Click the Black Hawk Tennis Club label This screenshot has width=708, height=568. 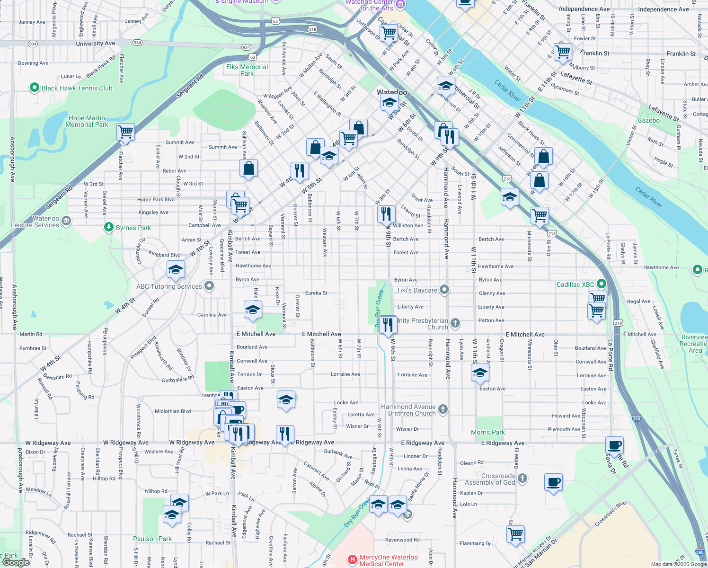click(77, 88)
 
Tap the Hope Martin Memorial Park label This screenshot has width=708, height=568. click(87, 122)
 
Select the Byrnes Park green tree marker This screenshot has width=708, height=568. click(109, 228)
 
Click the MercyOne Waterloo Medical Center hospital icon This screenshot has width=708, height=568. click(353, 560)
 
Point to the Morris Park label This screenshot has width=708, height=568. click(487, 432)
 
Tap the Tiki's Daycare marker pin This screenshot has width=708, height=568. click(444, 289)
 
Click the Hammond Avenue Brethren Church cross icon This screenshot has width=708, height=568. click(442, 409)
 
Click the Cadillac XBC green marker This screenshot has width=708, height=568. click(601, 284)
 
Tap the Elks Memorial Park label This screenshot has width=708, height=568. click(247, 70)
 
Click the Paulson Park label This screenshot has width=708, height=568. click(152, 539)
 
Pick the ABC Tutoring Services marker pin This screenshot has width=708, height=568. click(209, 286)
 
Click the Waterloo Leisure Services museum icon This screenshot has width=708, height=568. click(66, 221)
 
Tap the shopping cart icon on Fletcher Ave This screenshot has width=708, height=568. click(125, 132)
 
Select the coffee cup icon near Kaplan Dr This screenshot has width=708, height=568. click(553, 482)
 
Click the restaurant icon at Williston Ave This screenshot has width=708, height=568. click(387, 213)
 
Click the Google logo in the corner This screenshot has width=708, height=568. click(16, 562)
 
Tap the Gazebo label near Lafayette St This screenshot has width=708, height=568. click(648, 120)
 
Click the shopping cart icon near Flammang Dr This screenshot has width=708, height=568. click(515, 534)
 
